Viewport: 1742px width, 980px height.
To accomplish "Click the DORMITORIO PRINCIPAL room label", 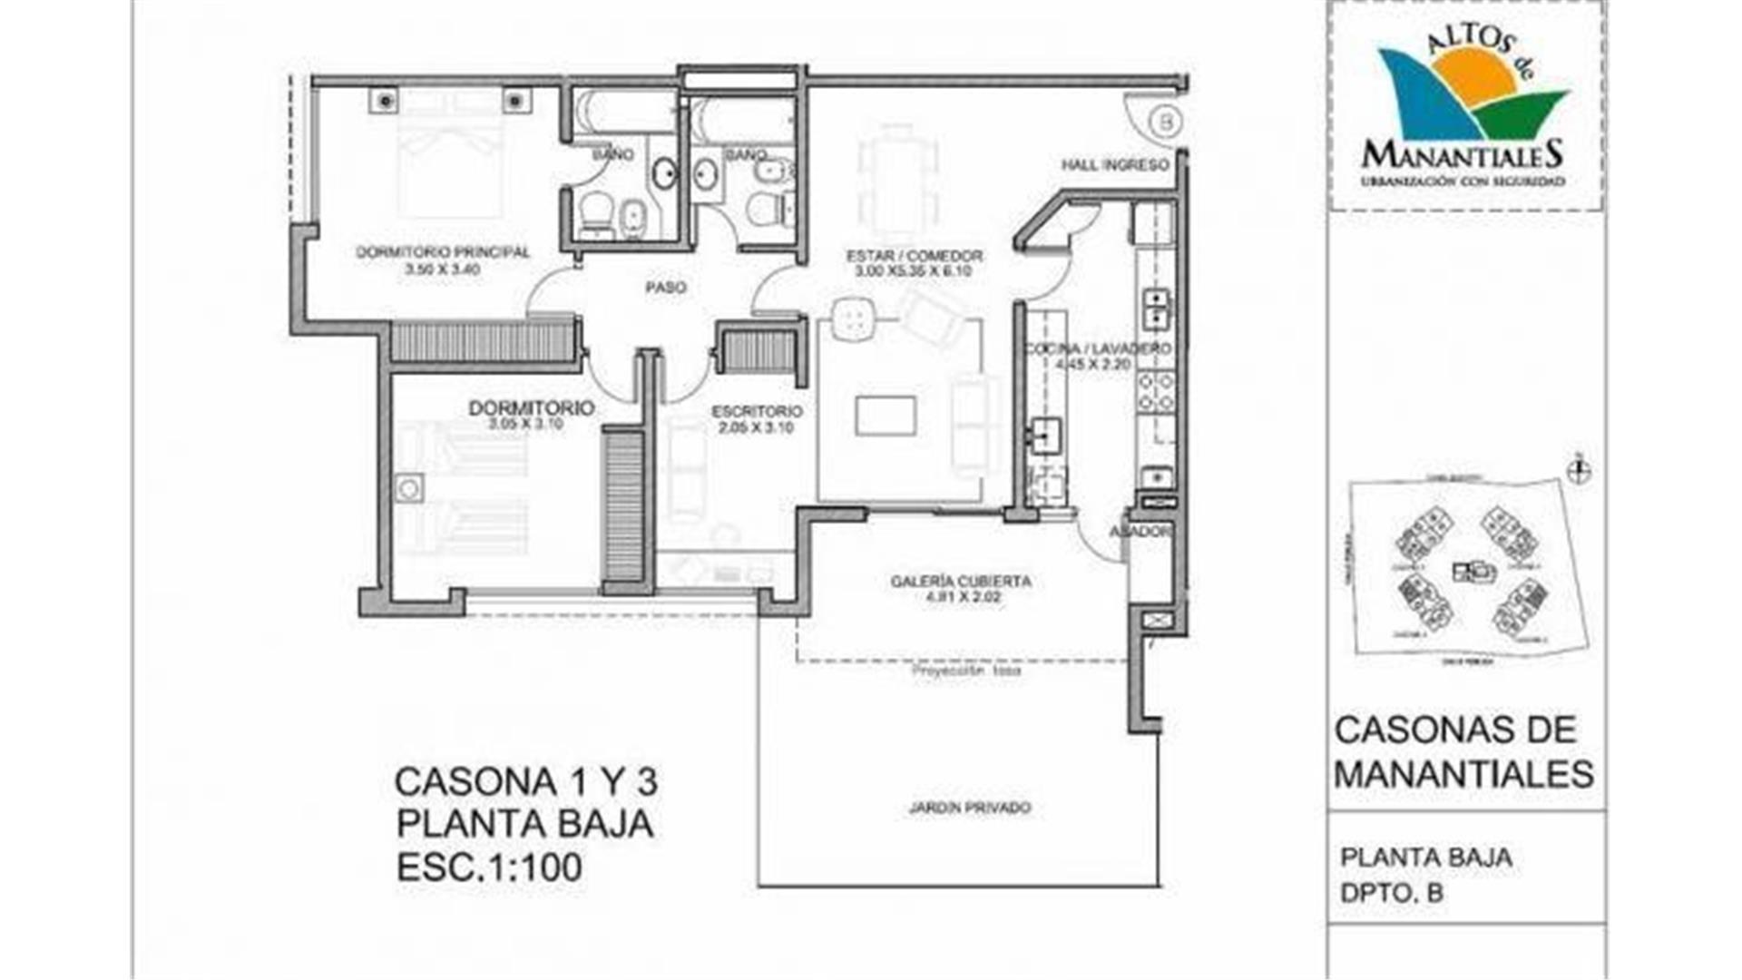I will [443, 252].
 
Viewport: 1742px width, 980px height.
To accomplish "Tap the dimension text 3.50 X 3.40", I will [443, 269].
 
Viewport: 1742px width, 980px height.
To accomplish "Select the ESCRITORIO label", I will [757, 411].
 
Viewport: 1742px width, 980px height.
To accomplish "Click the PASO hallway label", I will [665, 288].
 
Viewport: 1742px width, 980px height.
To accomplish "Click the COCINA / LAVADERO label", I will [1098, 349].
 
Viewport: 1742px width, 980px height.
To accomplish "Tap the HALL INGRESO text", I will [1115, 165].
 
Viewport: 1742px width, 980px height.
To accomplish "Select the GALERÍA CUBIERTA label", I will [961, 581].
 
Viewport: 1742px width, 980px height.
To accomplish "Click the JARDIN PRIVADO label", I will [970, 808].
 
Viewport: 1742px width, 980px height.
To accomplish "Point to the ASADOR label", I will [1140, 532].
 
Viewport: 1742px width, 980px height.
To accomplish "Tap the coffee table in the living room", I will [886, 416].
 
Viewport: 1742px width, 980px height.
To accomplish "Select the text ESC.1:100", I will [489, 867].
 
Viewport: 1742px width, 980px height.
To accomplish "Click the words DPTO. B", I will [1392, 894].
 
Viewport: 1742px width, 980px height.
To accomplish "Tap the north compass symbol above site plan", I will [1581, 469].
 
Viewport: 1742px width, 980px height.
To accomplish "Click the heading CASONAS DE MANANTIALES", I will [1463, 751].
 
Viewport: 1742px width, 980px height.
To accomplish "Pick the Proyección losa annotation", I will [965, 671].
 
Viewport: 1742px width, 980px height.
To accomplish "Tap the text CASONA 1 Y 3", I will [526, 781].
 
